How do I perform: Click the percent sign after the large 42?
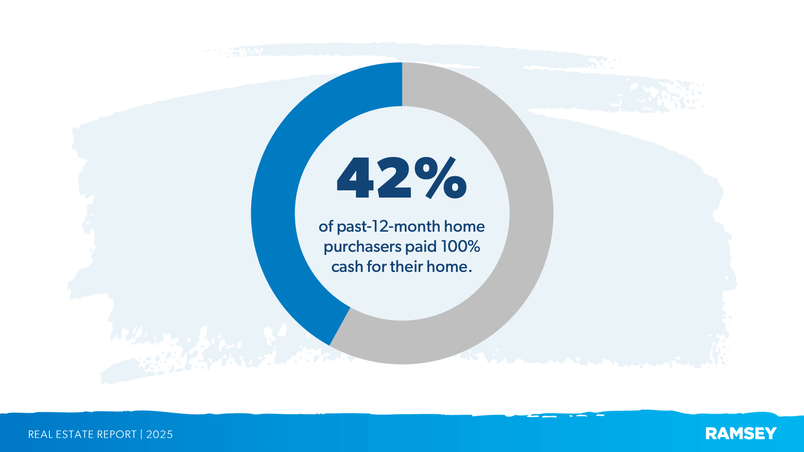pyautogui.click(x=440, y=178)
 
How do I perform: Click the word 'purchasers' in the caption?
pyautogui.click(x=362, y=247)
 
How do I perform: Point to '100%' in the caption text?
pyautogui.click(x=460, y=247)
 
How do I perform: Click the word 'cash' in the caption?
pyautogui.click(x=347, y=267)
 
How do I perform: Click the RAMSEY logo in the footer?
pyautogui.click(x=741, y=434)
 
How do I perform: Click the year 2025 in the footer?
pyautogui.click(x=159, y=435)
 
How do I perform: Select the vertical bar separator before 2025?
pyautogui.click(x=141, y=435)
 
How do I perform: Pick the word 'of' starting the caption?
pyautogui.click(x=326, y=227)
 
